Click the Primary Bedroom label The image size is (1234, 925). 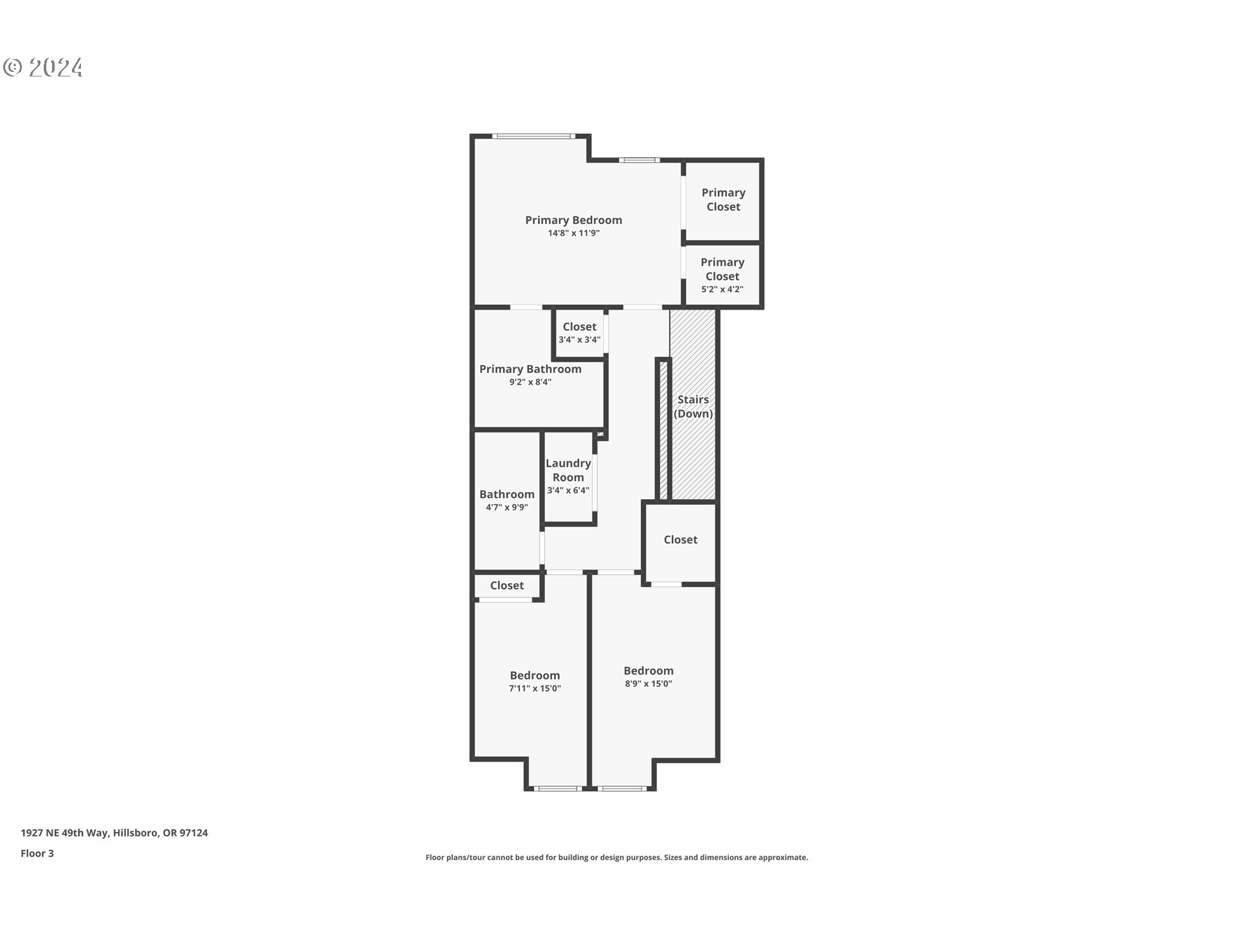(573, 220)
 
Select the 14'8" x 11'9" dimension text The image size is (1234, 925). (573, 234)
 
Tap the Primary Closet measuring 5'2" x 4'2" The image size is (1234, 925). (722, 276)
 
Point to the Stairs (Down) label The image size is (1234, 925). (693, 407)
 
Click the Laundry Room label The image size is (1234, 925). (568, 470)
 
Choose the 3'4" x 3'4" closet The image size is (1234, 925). (579, 332)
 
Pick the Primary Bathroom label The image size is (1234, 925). (530, 369)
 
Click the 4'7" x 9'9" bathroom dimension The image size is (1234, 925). (506, 507)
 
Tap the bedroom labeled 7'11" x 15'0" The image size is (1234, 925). (535, 681)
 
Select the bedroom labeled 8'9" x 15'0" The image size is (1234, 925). (648, 676)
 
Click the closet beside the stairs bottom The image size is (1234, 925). (680, 540)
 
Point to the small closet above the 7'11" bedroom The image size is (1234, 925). (506, 586)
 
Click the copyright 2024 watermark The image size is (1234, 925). (43, 67)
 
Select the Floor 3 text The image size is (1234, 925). (37, 854)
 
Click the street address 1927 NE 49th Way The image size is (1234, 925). (114, 833)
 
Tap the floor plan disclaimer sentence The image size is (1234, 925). (616, 858)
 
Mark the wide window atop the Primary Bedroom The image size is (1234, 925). (532, 136)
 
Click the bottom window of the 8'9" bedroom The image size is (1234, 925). (621, 788)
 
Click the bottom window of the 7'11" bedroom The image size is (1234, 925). (558, 788)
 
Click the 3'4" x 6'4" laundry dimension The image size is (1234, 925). (568, 491)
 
